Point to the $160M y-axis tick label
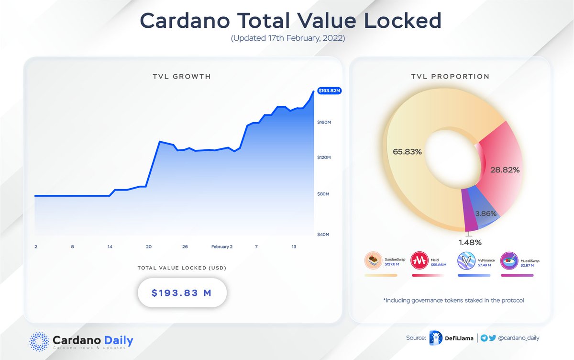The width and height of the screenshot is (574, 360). click(x=325, y=123)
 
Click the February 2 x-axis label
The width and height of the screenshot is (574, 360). click(x=221, y=247)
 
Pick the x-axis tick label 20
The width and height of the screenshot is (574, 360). click(x=149, y=247)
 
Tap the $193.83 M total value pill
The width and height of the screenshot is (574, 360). click(x=182, y=292)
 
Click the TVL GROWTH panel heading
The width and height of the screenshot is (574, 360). click(x=182, y=77)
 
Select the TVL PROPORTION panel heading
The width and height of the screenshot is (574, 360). click(x=450, y=77)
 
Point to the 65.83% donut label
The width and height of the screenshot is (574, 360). click(x=407, y=152)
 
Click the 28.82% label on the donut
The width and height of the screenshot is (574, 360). click(x=505, y=169)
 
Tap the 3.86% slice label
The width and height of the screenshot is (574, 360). click(x=485, y=214)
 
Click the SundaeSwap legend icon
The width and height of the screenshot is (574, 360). click(x=373, y=261)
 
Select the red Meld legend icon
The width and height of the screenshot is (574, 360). click(x=419, y=261)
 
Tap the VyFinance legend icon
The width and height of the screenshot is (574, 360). click(x=466, y=261)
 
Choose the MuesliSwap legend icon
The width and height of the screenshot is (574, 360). click(x=509, y=261)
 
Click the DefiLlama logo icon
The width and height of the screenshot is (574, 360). click(x=436, y=337)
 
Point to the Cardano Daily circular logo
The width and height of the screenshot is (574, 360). click(x=39, y=341)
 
